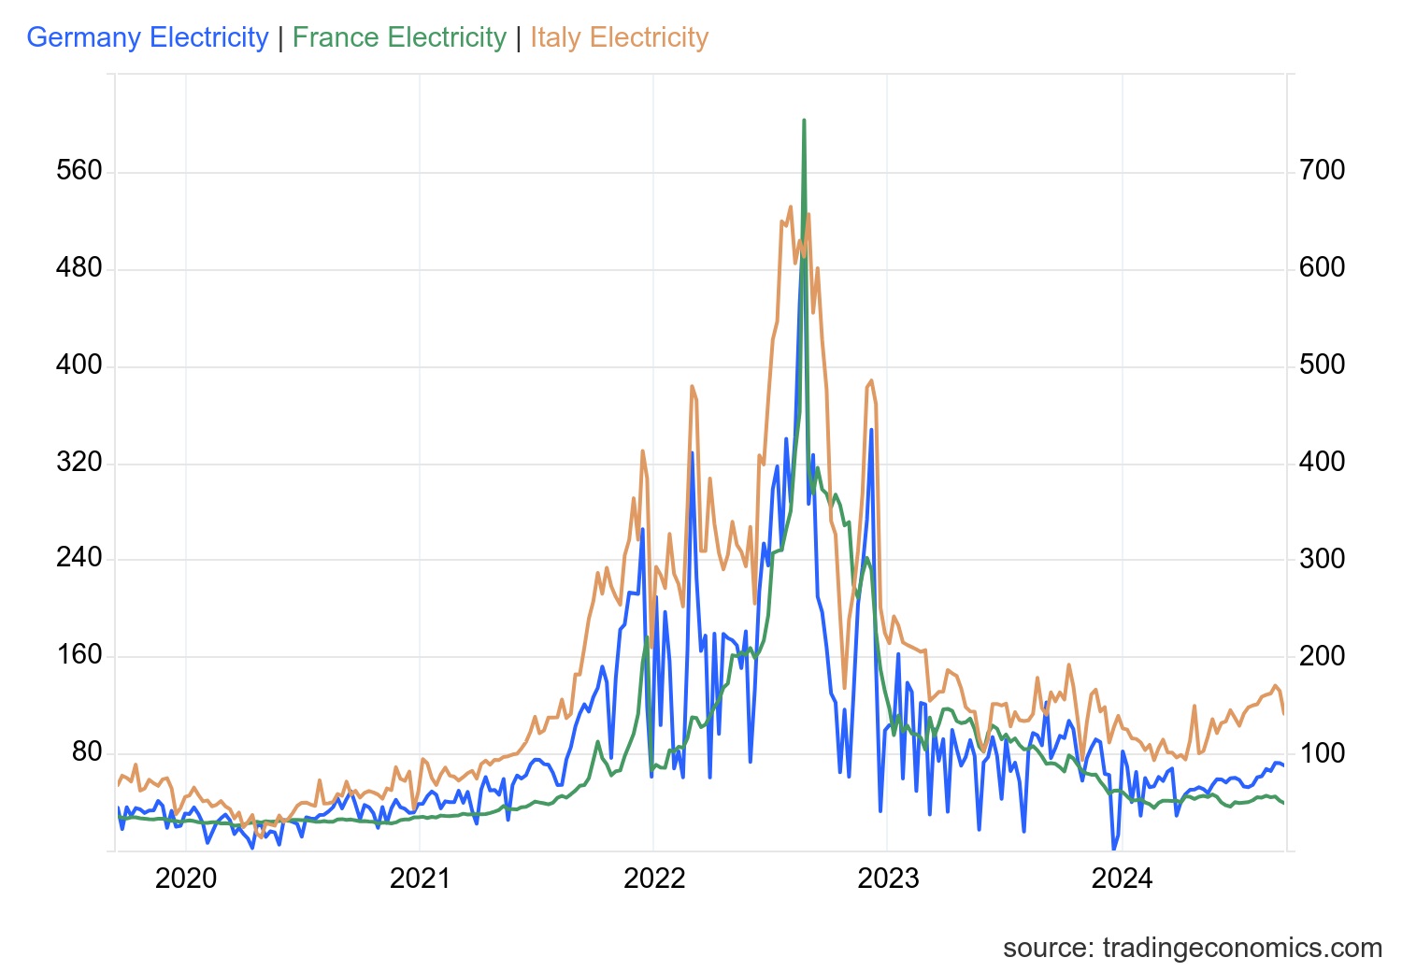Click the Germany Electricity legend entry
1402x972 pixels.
[x=148, y=37]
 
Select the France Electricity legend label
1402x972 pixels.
[x=399, y=37]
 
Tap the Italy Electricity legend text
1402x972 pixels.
[x=619, y=37]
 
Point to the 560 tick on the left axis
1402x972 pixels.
[x=79, y=171]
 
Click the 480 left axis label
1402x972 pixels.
[x=79, y=268]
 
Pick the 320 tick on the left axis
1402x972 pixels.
[x=79, y=462]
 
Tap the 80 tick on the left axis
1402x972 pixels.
[x=87, y=751]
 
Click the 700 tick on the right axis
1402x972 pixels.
[x=1322, y=171]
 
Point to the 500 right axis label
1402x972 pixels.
[x=1322, y=364]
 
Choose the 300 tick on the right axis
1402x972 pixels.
[x=1322, y=559]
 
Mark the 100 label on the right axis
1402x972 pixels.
[x=1322, y=752]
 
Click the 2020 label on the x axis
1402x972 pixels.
[x=186, y=879]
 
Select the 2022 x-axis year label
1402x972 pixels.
[x=654, y=879]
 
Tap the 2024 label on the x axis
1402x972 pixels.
[x=1123, y=879]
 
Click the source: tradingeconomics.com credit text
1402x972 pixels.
[x=1192, y=948]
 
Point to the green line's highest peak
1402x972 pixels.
[x=804, y=121]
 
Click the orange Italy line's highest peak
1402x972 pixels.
[x=790, y=207]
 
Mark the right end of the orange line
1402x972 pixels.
[x=1283, y=713]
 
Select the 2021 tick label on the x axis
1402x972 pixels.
[x=421, y=879]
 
